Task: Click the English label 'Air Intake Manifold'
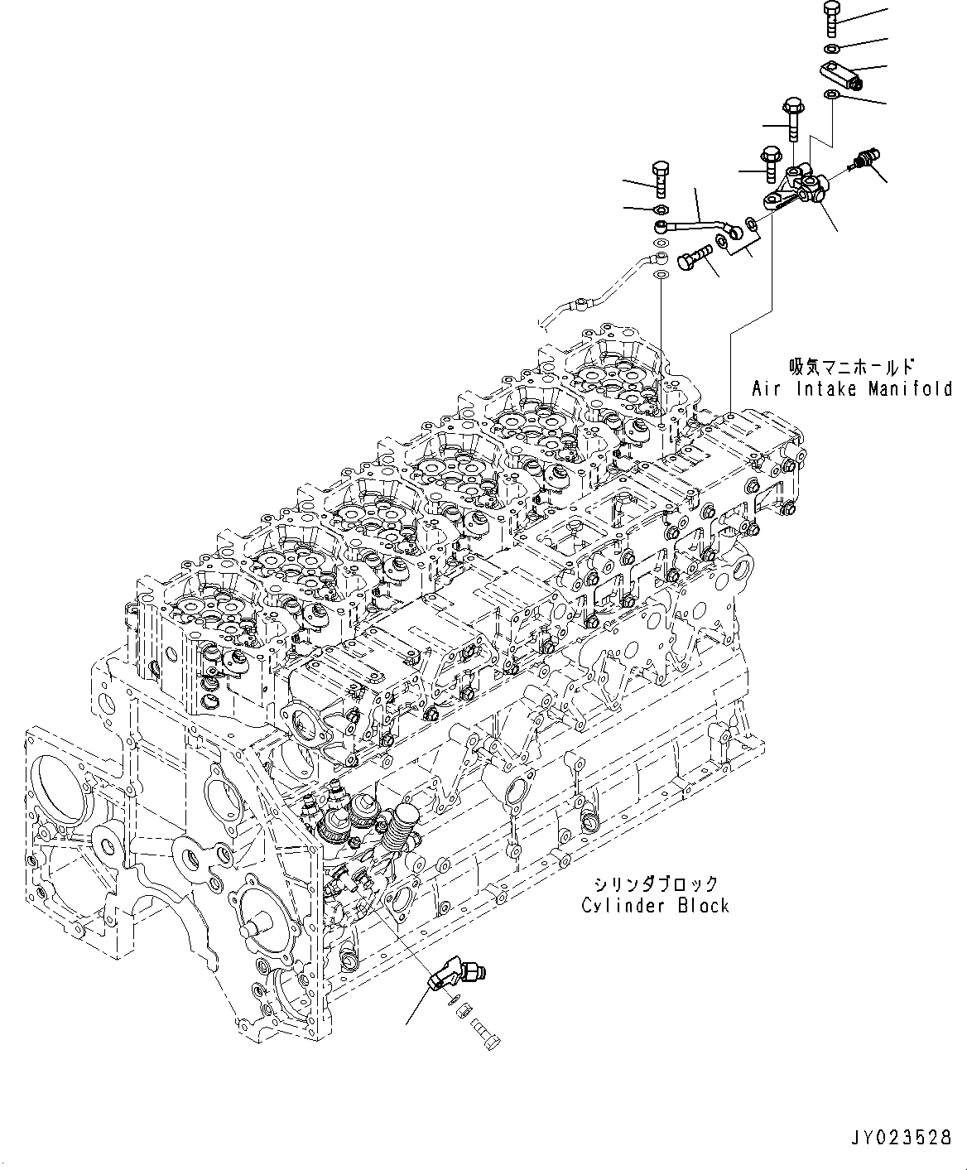(x=852, y=388)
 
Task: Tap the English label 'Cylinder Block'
(x=655, y=905)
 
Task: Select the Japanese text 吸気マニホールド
(x=851, y=365)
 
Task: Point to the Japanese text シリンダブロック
(x=654, y=884)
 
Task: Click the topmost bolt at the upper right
(x=832, y=17)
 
